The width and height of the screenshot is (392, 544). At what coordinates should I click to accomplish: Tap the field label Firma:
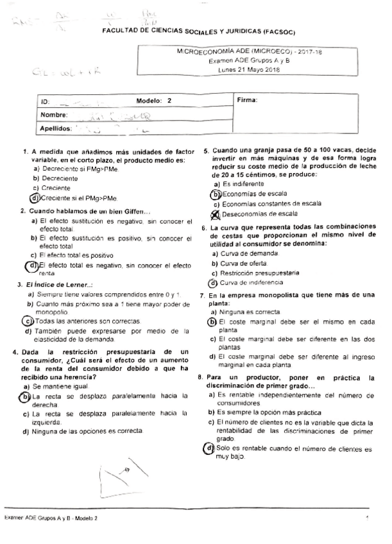(247, 101)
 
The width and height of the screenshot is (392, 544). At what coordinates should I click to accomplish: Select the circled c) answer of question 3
(27, 321)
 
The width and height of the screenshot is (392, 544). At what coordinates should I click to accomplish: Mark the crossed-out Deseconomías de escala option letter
(216, 214)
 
